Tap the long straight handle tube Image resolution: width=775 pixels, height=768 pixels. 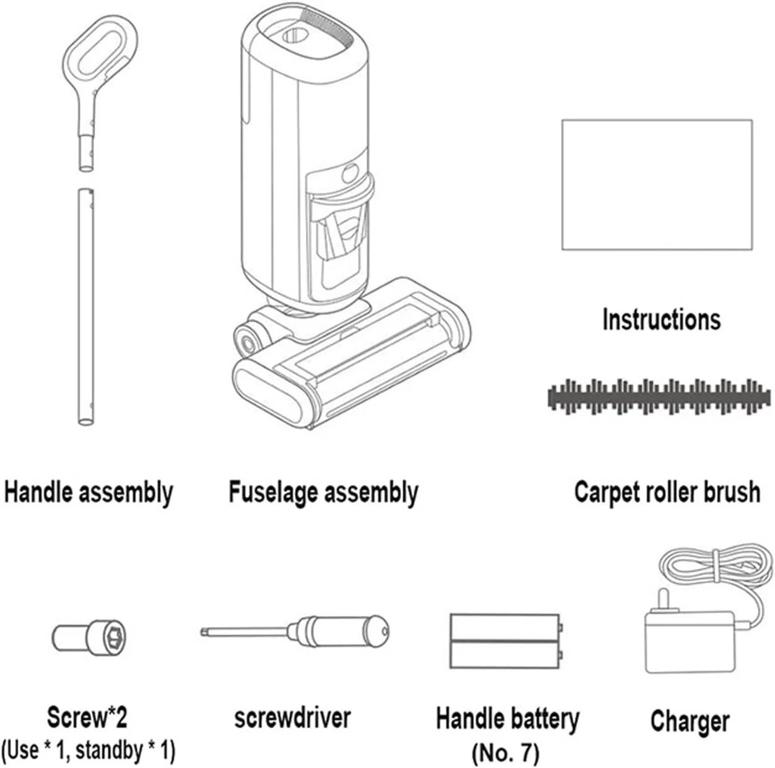click(x=85, y=307)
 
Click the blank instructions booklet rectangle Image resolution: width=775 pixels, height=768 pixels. click(x=657, y=184)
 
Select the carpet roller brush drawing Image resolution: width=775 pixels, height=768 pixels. click(x=659, y=397)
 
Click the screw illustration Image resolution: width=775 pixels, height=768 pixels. click(x=89, y=637)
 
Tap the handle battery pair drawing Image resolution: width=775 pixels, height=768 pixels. click(x=506, y=641)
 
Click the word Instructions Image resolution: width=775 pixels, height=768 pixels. click(x=661, y=320)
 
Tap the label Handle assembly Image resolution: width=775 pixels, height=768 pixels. click(x=89, y=493)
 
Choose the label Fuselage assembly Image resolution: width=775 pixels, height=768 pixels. click(x=323, y=493)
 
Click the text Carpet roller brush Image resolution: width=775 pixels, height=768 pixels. click(x=667, y=493)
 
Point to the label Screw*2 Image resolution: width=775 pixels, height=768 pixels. click(x=87, y=717)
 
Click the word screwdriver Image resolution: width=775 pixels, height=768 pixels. click(x=292, y=718)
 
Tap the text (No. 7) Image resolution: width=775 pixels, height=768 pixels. click(x=506, y=753)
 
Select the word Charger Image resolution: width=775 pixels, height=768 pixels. click(x=690, y=722)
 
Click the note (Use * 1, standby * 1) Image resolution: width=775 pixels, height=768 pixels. click(x=89, y=750)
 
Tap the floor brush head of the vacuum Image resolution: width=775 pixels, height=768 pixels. click(x=351, y=354)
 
